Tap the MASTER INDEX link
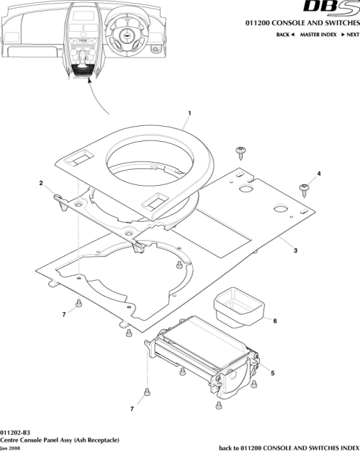pyautogui.click(x=318, y=35)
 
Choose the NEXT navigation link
pyautogui.click(x=350, y=35)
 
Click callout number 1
pyautogui.click(x=189, y=114)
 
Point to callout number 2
pyautogui.click(x=42, y=183)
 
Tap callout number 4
pyautogui.click(x=319, y=173)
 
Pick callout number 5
pyautogui.click(x=271, y=372)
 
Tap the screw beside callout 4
pyautogui.click(x=304, y=189)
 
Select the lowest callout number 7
pyautogui.click(x=132, y=409)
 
